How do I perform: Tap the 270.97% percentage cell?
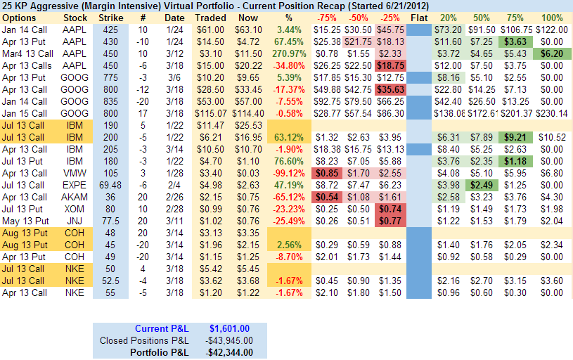288,53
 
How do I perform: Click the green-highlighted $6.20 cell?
552,53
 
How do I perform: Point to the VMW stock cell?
75,173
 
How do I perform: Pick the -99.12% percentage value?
288,173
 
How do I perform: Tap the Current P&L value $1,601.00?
231,328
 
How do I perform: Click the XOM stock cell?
75,209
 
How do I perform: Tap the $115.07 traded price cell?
210,113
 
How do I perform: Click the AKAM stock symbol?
75,197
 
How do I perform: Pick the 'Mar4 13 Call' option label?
27,53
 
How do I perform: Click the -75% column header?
326,18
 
